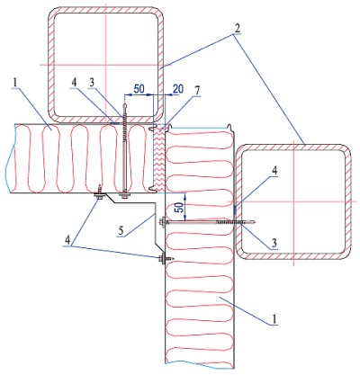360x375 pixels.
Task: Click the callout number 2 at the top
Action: [x=237, y=29]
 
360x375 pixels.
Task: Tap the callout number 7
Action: [x=197, y=92]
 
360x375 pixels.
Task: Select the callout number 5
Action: [x=121, y=231]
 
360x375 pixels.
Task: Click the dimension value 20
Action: [x=178, y=89]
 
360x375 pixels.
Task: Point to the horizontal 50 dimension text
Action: [x=139, y=89]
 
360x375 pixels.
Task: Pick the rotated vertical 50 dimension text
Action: [x=180, y=208]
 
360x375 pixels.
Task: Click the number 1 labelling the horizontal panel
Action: [x=15, y=82]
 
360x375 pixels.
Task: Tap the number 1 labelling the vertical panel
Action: [x=274, y=319]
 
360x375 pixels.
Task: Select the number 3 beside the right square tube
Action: [x=274, y=244]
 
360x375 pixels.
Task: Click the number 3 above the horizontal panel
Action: [x=92, y=83]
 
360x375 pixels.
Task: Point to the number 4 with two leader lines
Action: [x=69, y=240]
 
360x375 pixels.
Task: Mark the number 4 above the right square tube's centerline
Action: [x=274, y=171]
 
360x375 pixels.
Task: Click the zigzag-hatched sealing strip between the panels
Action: [x=159, y=159]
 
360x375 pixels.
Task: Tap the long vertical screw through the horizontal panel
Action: [x=124, y=150]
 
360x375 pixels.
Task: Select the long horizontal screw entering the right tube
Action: [x=207, y=222]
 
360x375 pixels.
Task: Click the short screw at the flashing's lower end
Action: [x=166, y=258]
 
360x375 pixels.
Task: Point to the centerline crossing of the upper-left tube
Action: [x=106, y=65]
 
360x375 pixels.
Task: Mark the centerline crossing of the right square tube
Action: [x=294, y=201]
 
